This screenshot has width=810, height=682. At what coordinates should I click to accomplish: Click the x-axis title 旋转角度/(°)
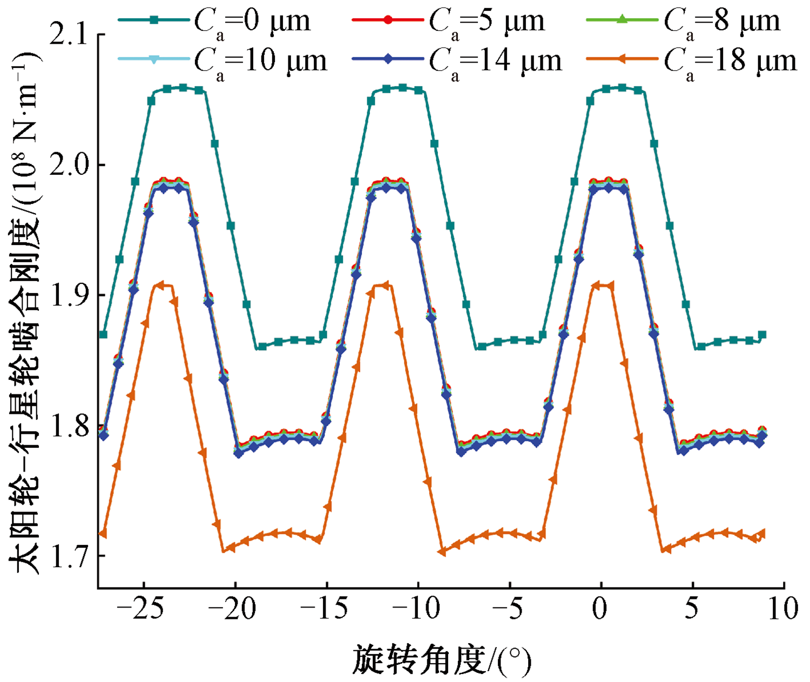click(441, 660)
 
